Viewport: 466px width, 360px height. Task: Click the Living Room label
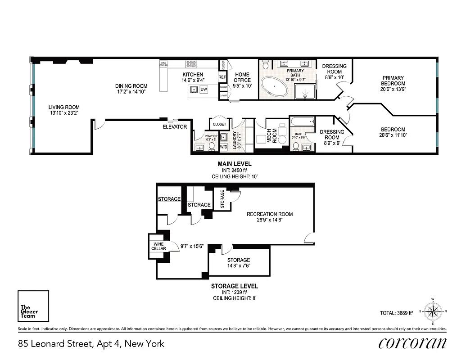click(64, 107)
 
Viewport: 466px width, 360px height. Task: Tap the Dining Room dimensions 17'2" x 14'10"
click(131, 91)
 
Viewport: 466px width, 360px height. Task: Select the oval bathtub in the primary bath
click(275, 87)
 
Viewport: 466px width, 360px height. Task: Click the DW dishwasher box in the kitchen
click(204, 90)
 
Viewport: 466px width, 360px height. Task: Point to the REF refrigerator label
click(222, 77)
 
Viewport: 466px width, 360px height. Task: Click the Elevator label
click(175, 127)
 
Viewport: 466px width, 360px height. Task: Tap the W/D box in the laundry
click(223, 147)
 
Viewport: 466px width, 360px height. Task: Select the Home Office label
click(242, 77)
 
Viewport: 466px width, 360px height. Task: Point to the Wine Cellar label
click(158, 246)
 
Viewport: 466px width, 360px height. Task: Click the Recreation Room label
click(270, 214)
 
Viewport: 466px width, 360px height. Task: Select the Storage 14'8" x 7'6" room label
click(239, 260)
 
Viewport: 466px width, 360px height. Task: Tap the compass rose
click(433, 311)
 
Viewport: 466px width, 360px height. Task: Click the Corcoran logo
click(413, 343)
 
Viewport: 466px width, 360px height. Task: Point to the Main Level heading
click(235, 164)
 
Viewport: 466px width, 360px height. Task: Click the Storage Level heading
click(235, 286)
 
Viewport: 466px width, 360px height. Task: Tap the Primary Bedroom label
click(393, 81)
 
